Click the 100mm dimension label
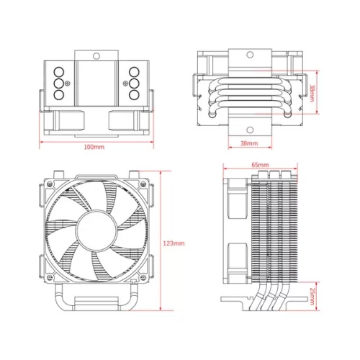[94, 147]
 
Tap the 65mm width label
[261, 165]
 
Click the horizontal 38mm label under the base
[248, 144]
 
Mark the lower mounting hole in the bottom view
[248, 130]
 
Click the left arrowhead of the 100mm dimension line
[40, 140]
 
